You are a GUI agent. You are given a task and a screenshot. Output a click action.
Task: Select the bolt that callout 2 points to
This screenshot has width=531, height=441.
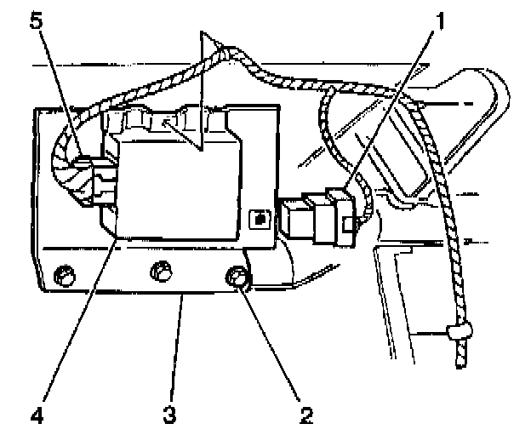(x=238, y=277)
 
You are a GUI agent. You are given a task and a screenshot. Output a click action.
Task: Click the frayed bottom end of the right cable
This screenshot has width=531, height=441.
(x=461, y=362)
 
